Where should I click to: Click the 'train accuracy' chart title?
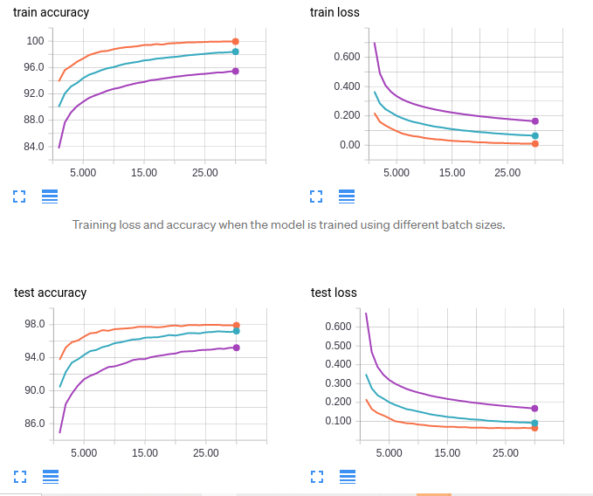[51, 13]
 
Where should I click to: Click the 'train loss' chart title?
[334, 13]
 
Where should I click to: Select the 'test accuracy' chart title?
[51, 293]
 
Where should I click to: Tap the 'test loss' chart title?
[334, 293]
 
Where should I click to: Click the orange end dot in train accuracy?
[236, 41]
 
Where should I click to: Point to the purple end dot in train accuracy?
[236, 72]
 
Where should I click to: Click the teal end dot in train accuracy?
[236, 52]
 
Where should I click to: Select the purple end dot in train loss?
[535, 121]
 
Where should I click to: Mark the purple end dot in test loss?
[534, 409]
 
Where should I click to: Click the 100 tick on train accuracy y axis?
[35, 41]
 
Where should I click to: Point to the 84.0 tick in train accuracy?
[33, 146]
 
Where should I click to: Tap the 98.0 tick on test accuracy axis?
[34, 325]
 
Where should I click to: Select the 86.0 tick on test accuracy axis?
[34, 424]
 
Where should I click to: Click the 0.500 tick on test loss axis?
[337, 346]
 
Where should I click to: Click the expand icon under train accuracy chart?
[18, 196]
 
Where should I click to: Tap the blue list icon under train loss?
[347, 196]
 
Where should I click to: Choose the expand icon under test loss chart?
[317, 476]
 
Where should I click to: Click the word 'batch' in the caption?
[445, 225]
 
